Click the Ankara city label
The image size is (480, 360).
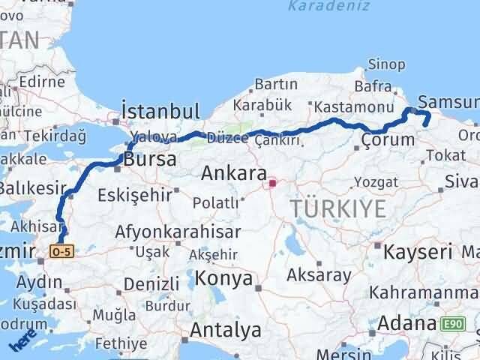coord(233,174)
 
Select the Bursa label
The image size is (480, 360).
coord(150,159)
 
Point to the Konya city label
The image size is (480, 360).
coord(223,279)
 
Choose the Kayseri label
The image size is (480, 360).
coord(417,251)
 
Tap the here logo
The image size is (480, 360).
coord(23,342)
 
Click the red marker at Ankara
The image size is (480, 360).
coord(273,181)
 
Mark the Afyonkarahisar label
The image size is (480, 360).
coord(178,232)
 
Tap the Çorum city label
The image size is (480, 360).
coord(387,139)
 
